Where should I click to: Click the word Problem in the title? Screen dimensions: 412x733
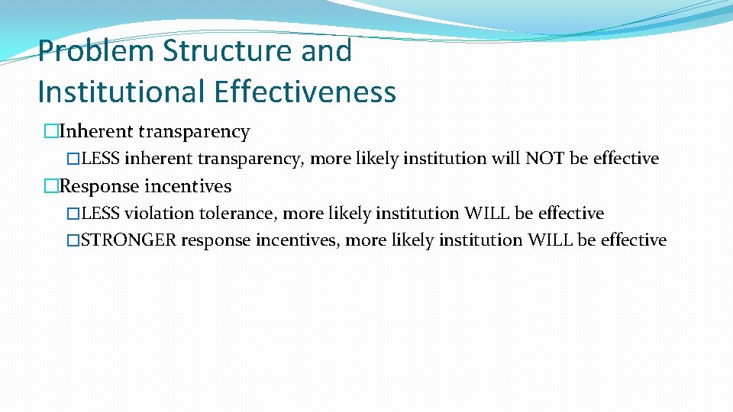[x=96, y=52]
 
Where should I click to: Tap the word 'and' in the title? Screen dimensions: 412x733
[x=326, y=52]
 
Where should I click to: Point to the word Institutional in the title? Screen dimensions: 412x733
[x=121, y=92]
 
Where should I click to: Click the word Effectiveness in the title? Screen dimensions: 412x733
[x=305, y=92]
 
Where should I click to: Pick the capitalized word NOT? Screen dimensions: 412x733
[x=541, y=159]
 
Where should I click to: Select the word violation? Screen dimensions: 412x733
[x=158, y=214]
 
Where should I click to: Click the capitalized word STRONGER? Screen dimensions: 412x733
[x=129, y=240]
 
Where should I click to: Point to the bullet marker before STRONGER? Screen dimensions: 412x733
[x=73, y=240]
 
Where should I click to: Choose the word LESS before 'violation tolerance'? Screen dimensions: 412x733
[x=101, y=214]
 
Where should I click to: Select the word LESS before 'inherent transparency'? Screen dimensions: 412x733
[x=101, y=159]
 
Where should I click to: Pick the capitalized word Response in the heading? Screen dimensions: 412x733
[x=99, y=186]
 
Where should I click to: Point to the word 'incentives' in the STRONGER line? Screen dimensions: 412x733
[x=299, y=240]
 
